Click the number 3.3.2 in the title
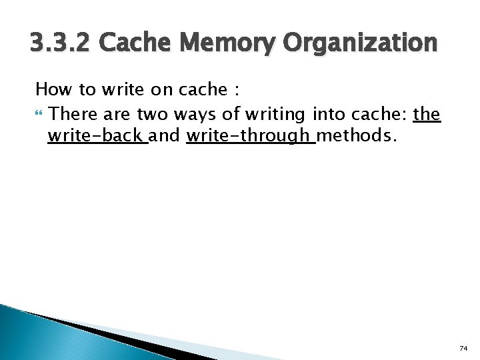click(61, 44)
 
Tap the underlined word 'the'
click(427, 114)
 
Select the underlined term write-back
click(96, 136)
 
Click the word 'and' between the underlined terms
click(166, 136)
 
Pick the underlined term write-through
click(249, 136)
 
